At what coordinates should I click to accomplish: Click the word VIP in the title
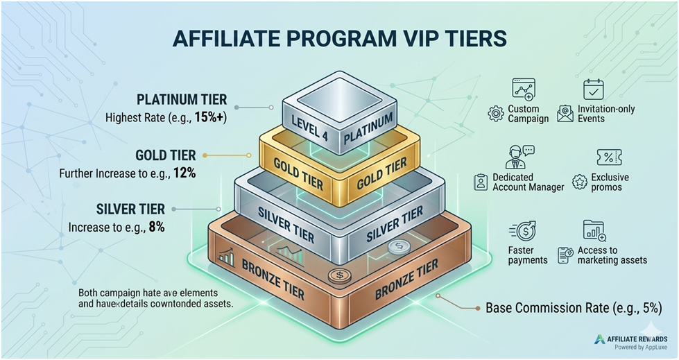point(422,38)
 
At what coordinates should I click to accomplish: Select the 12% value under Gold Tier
point(184,173)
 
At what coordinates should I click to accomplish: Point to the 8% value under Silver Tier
point(156,227)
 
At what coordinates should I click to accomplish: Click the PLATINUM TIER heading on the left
point(182,99)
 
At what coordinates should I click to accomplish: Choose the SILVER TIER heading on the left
point(130,209)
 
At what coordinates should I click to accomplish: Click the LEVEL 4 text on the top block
point(309,128)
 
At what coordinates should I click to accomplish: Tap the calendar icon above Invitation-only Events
point(593,89)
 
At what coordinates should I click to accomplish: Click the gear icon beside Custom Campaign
point(496,114)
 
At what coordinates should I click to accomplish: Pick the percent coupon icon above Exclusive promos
point(609,157)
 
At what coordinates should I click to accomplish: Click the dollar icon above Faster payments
point(523,231)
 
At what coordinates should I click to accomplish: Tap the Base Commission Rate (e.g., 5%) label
point(574,308)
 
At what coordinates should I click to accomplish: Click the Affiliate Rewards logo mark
point(600,339)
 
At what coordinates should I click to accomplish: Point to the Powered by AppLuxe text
point(641,347)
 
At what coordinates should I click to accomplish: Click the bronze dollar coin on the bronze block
point(340,275)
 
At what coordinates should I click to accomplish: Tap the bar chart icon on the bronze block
point(227,257)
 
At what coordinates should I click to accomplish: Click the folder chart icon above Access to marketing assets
point(594,230)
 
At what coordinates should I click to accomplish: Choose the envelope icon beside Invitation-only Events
point(565,114)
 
